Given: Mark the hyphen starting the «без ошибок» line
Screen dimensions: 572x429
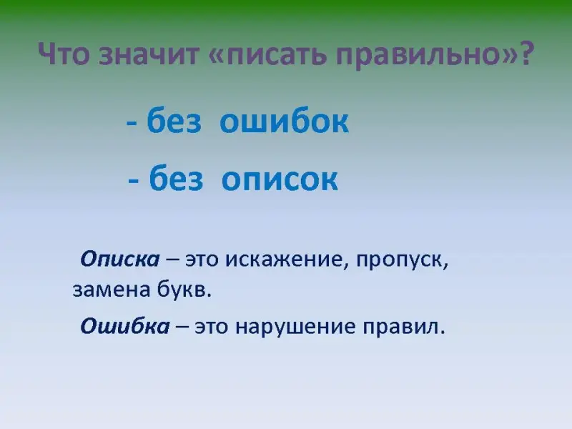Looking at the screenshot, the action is click(132, 123).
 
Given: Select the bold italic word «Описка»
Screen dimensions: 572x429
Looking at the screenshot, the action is click(120, 259).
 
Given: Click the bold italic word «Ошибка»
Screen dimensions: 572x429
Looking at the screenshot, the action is click(124, 325).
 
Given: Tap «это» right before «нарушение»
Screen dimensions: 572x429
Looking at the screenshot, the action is click(212, 327).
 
